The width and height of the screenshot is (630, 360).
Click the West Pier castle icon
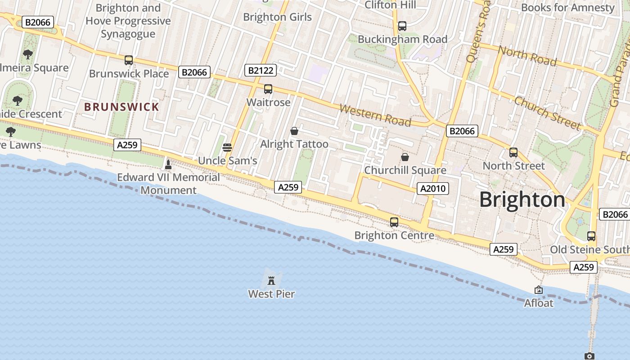pos(271,281)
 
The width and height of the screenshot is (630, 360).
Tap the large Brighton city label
pos(522,199)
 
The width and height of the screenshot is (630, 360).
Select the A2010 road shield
pos(433,189)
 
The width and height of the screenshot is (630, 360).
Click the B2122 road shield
pos(261,70)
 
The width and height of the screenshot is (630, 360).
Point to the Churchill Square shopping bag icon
pos(405,157)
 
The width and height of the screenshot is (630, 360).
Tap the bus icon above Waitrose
pos(268,89)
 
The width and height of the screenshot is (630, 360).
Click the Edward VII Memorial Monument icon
pos(168,165)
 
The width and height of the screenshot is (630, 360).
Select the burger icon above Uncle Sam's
pos(227,148)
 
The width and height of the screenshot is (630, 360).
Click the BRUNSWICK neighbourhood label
pos(122,107)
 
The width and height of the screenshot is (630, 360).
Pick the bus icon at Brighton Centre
pos(394,222)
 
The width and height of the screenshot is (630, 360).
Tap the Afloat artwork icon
pos(538,290)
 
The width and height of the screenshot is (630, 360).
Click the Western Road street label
pos(375,115)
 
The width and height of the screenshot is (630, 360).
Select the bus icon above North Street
pos(513,153)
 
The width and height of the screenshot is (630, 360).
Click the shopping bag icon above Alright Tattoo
pos(294,131)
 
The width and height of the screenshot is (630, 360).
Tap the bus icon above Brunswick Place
pos(129,60)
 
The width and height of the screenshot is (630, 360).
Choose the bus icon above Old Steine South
pos(591,236)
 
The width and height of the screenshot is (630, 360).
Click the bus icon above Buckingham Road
pos(402,26)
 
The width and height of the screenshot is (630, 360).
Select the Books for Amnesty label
pos(567,8)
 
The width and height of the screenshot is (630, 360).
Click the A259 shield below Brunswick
pos(127,145)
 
